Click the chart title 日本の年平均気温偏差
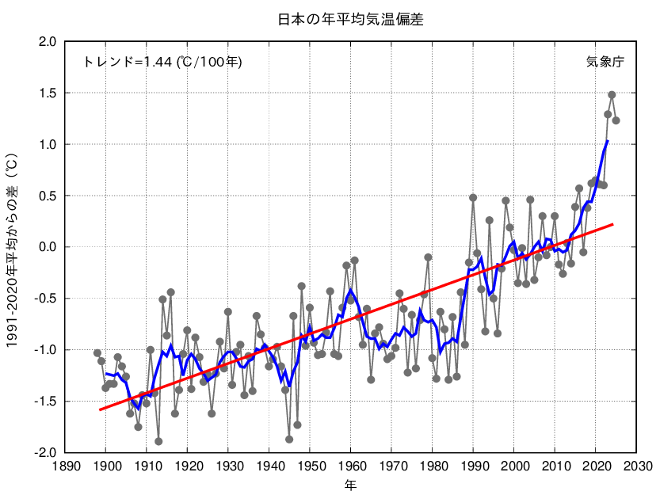coord(350,20)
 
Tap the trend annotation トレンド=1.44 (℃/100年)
coord(162,61)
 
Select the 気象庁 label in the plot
coord(605,61)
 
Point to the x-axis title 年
coord(350,483)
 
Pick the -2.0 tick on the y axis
coord(44,453)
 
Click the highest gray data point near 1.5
coord(612,95)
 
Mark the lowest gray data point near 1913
coord(158,441)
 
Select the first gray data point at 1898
coord(97,353)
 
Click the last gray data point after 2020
coord(616,120)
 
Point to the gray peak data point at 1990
coord(473,197)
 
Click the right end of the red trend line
coord(612,225)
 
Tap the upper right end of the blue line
coord(608,141)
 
